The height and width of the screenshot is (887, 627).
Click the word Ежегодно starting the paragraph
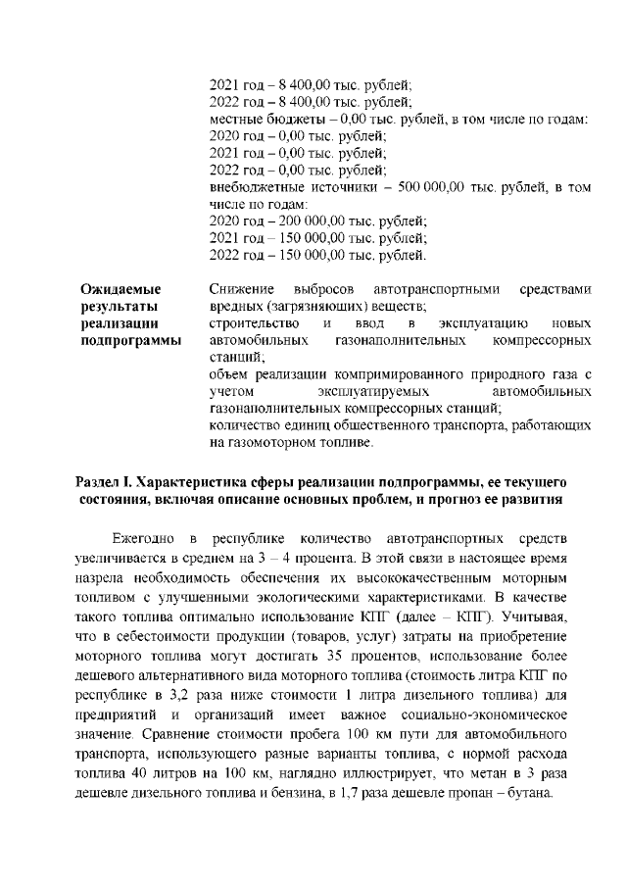click(145, 539)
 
